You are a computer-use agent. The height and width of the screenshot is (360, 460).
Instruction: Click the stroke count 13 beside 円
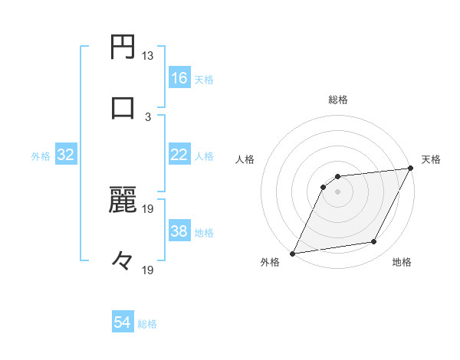(147, 56)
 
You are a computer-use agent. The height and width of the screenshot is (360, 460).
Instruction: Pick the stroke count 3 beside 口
(148, 116)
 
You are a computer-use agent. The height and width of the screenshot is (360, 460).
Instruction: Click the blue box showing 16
(179, 78)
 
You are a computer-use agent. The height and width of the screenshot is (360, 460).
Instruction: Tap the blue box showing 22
(179, 155)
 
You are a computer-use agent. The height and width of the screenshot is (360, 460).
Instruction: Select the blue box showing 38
(179, 232)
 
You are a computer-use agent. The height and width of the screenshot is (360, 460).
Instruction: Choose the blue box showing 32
(66, 155)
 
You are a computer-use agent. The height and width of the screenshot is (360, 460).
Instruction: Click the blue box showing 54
(123, 323)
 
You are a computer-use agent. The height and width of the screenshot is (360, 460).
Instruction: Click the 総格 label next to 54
(147, 324)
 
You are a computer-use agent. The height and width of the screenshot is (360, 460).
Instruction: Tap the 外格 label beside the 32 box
(41, 156)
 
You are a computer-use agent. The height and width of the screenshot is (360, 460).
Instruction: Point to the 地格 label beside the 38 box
(204, 233)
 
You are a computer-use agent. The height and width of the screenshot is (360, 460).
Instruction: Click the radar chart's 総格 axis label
(338, 100)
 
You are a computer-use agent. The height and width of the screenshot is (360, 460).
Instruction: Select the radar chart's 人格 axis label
(245, 159)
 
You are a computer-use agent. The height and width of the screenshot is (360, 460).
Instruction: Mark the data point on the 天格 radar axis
(412, 169)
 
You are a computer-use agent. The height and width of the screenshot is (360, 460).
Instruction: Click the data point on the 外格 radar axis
(293, 254)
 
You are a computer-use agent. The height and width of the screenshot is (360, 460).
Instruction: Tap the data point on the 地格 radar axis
(374, 242)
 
